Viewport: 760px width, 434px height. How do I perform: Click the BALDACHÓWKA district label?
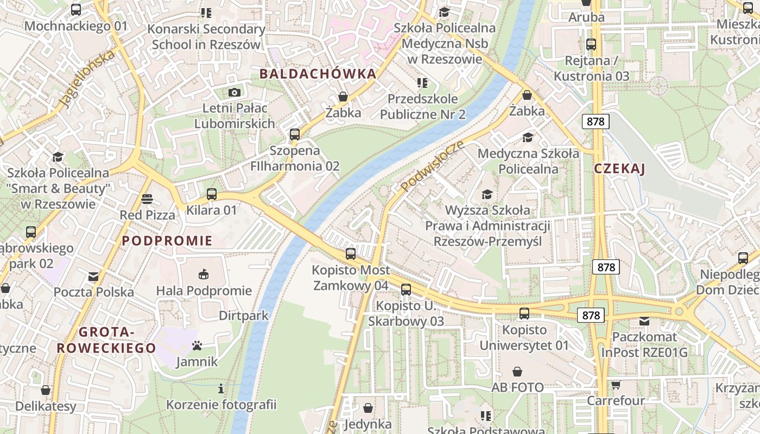[x=318, y=74]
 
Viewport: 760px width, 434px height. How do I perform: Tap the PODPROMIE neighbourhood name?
[x=167, y=241]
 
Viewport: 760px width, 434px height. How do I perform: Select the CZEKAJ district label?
[x=619, y=169]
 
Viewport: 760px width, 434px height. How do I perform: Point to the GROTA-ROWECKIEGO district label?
[x=107, y=340]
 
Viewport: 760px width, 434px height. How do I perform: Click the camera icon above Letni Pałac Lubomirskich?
[x=235, y=92]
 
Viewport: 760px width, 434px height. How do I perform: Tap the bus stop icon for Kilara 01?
[x=212, y=194]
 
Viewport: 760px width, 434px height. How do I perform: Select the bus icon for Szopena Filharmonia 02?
[x=295, y=134]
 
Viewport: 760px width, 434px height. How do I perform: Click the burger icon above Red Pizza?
[x=147, y=199]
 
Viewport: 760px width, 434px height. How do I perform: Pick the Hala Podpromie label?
[x=204, y=291]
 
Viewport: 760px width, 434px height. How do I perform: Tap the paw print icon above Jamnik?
[x=197, y=346]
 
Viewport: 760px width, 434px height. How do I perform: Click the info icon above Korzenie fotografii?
[x=221, y=388]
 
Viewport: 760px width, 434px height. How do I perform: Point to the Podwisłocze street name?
[x=433, y=166]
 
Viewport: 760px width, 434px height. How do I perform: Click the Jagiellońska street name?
[x=87, y=79]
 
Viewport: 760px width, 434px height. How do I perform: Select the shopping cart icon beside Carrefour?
[x=616, y=385]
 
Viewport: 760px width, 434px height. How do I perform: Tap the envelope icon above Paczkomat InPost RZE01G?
[x=644, y=321]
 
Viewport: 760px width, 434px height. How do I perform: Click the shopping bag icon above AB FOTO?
[x=517, y=372]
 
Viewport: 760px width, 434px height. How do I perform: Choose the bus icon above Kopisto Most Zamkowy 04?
[x=351, y=253]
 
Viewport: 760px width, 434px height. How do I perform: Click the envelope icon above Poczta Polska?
[x=93, y=276]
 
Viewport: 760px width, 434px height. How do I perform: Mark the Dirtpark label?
[x=244, y=316]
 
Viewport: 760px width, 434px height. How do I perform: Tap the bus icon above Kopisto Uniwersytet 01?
[x=524, y=313]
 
